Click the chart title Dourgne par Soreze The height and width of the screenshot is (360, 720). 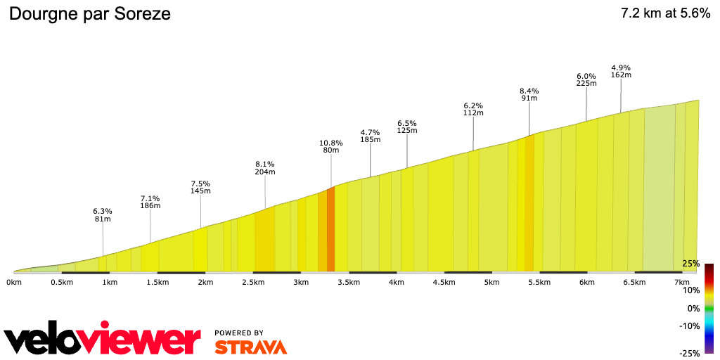point(89,13)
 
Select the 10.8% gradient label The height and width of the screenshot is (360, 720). point(331,143)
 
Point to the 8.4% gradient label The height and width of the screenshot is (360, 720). point(529,91)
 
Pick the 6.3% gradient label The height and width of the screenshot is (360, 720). point(103,211)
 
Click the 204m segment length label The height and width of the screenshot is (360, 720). point(265,172)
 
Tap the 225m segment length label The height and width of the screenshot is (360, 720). point(586,83)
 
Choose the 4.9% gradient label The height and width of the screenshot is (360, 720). point(621,67)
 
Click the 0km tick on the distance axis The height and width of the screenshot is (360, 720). point(13,282)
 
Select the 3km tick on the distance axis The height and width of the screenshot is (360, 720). point(301,282)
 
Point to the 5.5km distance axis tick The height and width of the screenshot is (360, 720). point(539,282)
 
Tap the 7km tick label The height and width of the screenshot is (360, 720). point(682,282)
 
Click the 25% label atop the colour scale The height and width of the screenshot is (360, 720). point(690,264)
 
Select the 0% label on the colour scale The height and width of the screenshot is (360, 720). point(693,308)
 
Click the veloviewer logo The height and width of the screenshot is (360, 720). point(103,340)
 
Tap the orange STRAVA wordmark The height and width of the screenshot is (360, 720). point(250,347)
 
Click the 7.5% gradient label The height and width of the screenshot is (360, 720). point(200,184)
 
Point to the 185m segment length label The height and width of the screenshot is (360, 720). point(371,139)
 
